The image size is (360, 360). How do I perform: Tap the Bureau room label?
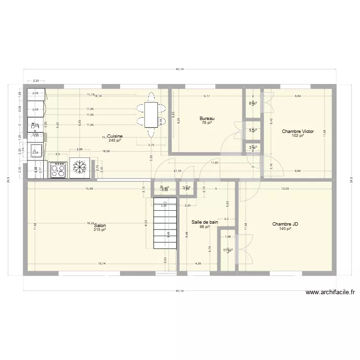click(207, 118)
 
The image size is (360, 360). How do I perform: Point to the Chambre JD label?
click(285, 224)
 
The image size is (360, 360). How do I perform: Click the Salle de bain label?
click(204, 222)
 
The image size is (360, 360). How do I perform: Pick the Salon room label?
click(100, 226)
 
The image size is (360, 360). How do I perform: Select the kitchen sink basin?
click(35, 152)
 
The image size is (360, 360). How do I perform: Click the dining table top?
click(151, 116)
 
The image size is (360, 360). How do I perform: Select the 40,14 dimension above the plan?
click(179, 70)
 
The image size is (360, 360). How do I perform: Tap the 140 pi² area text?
click(285, 229)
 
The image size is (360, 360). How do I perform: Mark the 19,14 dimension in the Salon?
click(102, 264)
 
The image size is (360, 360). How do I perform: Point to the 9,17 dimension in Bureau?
click(207, 96)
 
